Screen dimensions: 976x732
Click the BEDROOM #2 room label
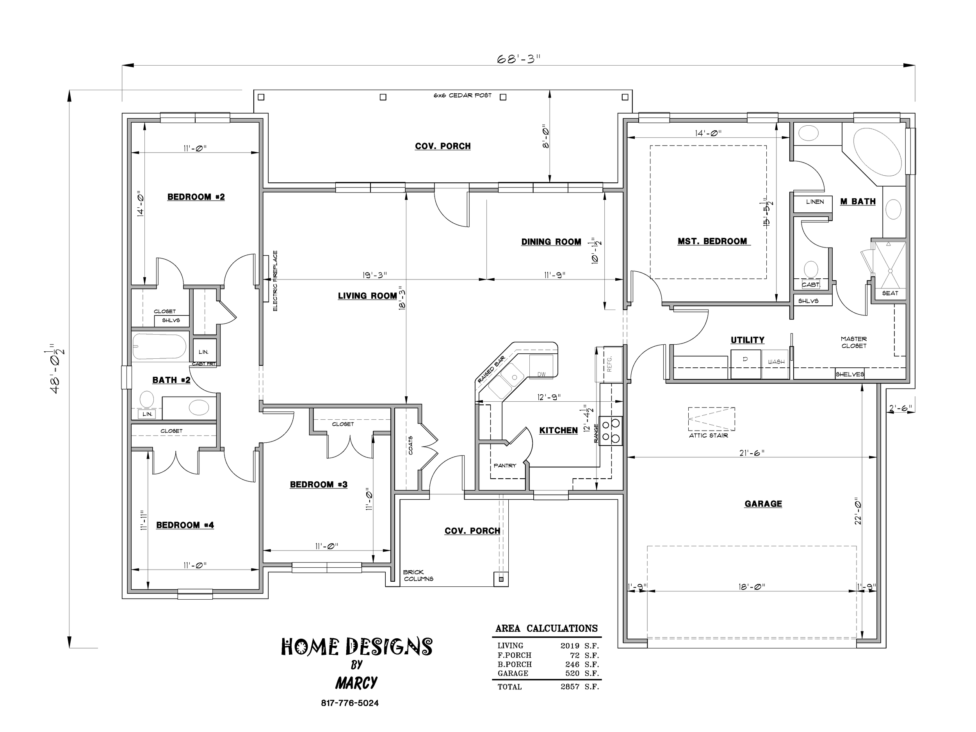(x=196, y=197)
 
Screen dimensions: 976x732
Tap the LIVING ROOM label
(x=367, y=296)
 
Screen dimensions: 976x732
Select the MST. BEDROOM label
(x=712, y=241)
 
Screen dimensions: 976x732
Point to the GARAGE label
(x=763, y=504)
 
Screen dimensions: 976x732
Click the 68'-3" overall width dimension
(x=519, y=59)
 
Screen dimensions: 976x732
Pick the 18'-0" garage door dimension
(x=752, y=587)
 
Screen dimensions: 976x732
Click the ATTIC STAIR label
(x=709, y=436)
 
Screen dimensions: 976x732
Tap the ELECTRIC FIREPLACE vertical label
(x=275, y=281)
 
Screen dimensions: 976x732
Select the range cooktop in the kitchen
(x=611, y=431)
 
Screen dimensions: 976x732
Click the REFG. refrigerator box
(x=609, y=364)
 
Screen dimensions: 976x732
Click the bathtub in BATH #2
(x=160, y=346)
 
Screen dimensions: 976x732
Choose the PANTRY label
(x=505, y=465)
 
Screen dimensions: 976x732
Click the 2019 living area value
(x=570, y=645)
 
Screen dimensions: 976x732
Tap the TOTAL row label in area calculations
(x=509, y=687)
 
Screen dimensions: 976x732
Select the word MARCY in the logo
(x=356, y=683)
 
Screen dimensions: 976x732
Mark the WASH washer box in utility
(x=775, y=364)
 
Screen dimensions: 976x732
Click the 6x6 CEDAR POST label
(x=462, y=95)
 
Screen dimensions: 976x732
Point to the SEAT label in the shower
(x=890, y=293)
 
